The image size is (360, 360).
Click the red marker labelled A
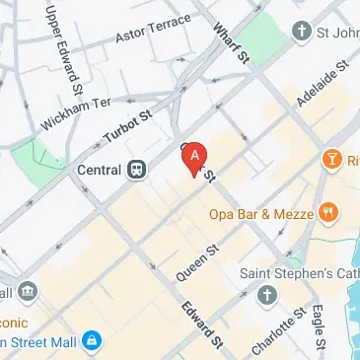[x=196, y=156]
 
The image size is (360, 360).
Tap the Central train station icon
[x=137, y=170]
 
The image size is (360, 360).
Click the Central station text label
[x=99, y=170]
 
